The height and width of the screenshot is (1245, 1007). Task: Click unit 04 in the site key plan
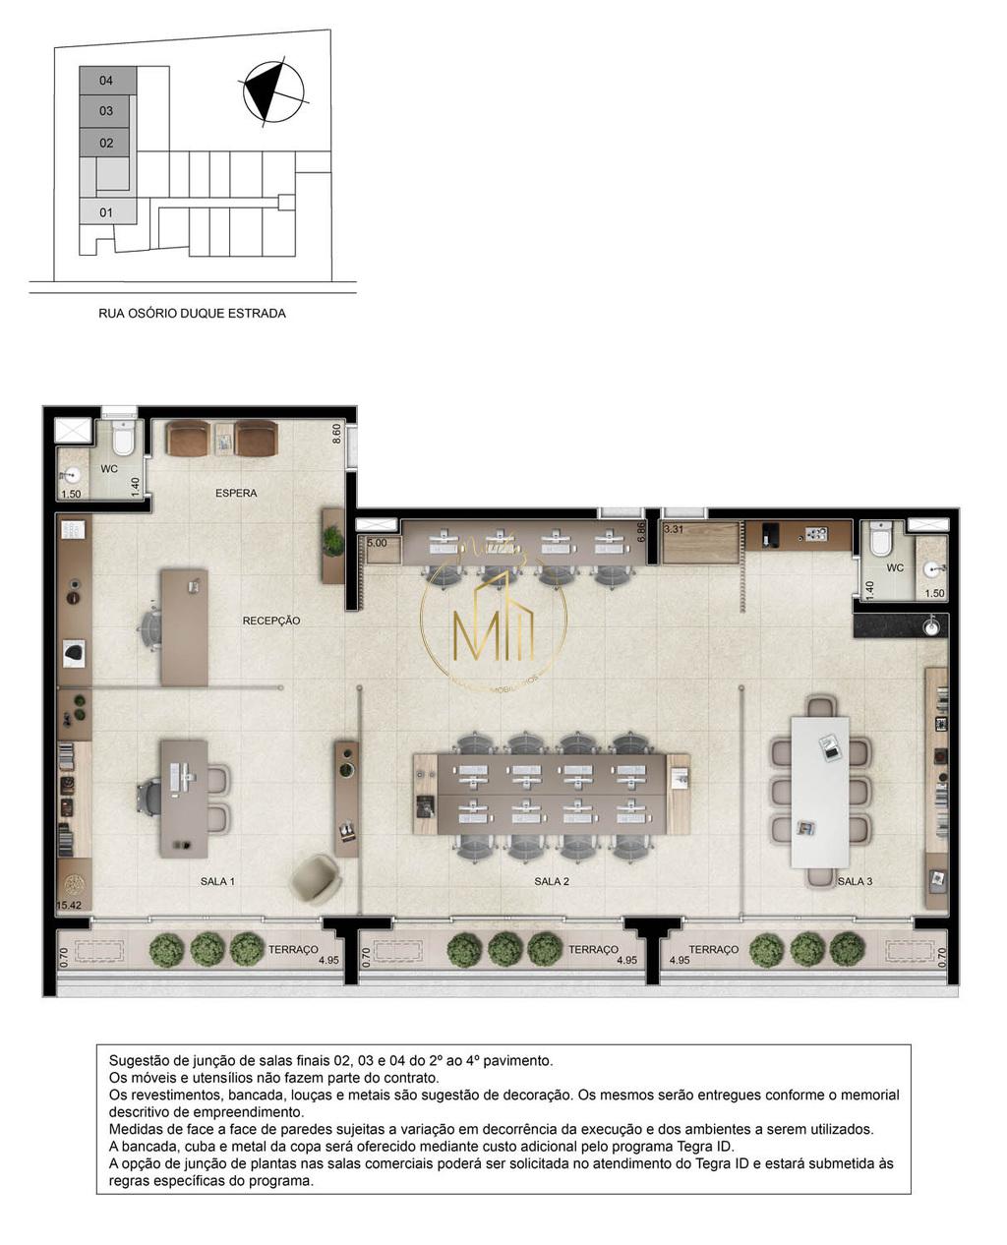point(106,80)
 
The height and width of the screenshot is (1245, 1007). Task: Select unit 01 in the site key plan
point(106,212)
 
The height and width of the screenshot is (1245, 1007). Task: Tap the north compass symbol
point(272,92)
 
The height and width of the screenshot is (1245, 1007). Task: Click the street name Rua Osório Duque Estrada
point(192,314)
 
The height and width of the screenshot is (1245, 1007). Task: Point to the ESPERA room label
point(236,493)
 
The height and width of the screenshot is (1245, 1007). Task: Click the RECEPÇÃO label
point(271,621)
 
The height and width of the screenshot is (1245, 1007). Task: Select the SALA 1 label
point(217,881)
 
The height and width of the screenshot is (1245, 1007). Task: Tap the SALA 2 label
point(552,881)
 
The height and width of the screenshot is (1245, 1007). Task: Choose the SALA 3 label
point(855,881)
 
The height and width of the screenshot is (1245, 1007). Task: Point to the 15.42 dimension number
point(69,903)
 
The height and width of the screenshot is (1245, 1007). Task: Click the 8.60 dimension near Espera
point(337,433)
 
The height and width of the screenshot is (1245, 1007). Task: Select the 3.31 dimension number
point(674,529)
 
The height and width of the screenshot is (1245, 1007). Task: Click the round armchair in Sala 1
point(316,877)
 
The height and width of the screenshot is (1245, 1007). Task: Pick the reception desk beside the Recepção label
point(184,626)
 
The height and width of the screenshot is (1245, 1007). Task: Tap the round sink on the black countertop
point(930,625)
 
